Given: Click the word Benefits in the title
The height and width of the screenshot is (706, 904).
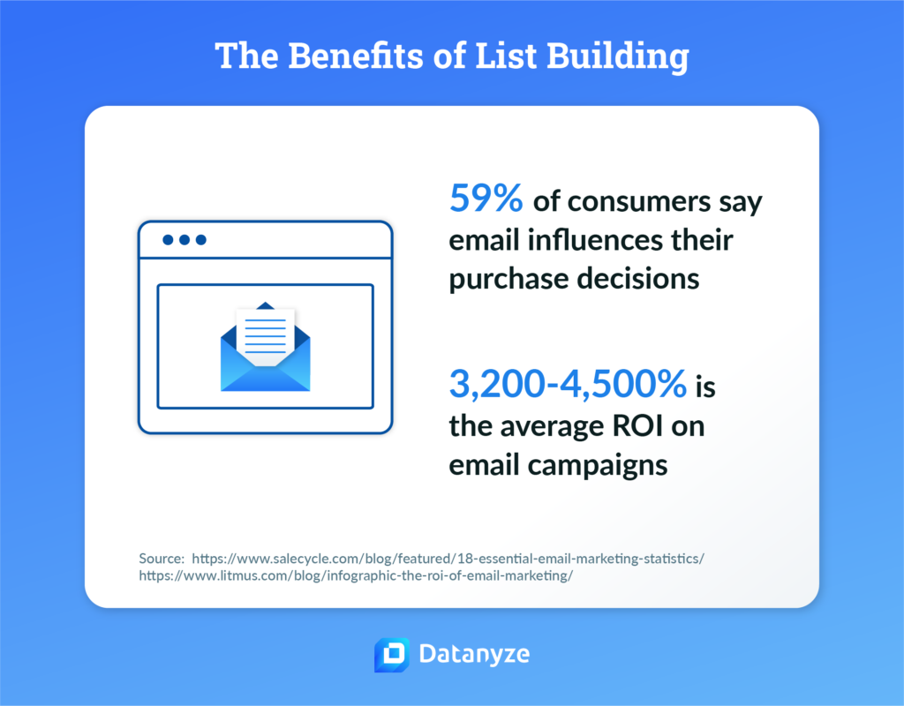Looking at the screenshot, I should tap(343, 56).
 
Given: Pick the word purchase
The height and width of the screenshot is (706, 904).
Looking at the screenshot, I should tap(508, 278).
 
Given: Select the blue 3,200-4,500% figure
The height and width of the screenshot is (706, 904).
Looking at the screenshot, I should tap(568, 385).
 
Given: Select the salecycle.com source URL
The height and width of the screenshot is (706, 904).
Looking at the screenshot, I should tap(448, 559).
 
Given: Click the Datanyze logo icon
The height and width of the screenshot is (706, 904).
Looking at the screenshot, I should tap(390, 655).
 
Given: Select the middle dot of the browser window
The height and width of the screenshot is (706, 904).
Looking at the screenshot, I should tap(185, 239).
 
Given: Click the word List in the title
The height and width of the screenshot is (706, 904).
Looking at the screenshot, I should tap(508, 56).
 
